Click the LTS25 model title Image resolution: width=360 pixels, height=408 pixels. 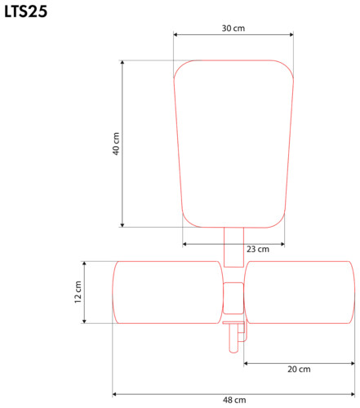click(26, 11)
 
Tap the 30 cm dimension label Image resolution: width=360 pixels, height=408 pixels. click(233, 29)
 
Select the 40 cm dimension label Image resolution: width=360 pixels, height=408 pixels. click(116, 144)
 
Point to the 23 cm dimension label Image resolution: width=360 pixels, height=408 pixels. click(258, 249)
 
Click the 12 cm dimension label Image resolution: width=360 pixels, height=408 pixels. click(78, 292)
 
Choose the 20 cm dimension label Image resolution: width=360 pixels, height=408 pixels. click(299, 369)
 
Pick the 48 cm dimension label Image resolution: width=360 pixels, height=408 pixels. click(234, 400)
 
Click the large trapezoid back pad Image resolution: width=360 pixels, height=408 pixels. click(233, 144)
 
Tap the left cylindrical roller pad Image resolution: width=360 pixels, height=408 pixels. click(167, 292)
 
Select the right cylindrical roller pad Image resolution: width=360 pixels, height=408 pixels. click(300, 292)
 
